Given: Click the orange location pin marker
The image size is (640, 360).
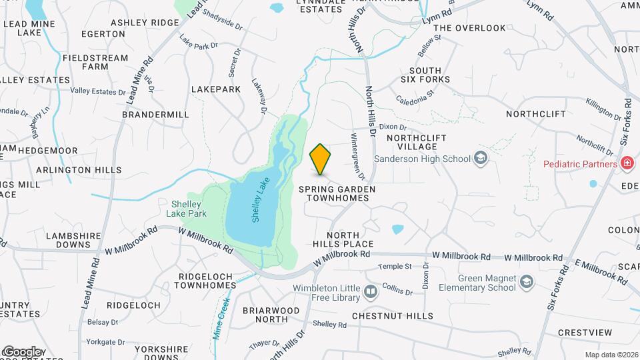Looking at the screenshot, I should [x=321, y=159].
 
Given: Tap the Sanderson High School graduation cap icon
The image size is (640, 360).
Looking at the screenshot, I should [x=481, y=159].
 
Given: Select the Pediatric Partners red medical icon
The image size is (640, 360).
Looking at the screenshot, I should [x=627, y=163].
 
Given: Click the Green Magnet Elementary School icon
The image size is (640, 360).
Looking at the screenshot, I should [x=527, y=282].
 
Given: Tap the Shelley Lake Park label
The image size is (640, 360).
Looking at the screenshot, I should [x=186, y=209].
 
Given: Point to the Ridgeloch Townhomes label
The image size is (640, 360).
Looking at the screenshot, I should [x=205, y=280].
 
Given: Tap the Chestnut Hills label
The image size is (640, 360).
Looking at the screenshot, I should [x=393, y=315].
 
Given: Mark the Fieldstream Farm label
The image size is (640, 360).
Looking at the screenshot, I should [x=95, y=62].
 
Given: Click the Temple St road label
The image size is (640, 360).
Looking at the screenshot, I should [x=395, y=267].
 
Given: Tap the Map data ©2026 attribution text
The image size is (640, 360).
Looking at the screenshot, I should [x=611, y=355].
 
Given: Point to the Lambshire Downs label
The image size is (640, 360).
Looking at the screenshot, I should [x=68, y=240].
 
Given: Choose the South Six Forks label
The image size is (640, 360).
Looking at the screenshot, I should [x=425, y=75].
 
